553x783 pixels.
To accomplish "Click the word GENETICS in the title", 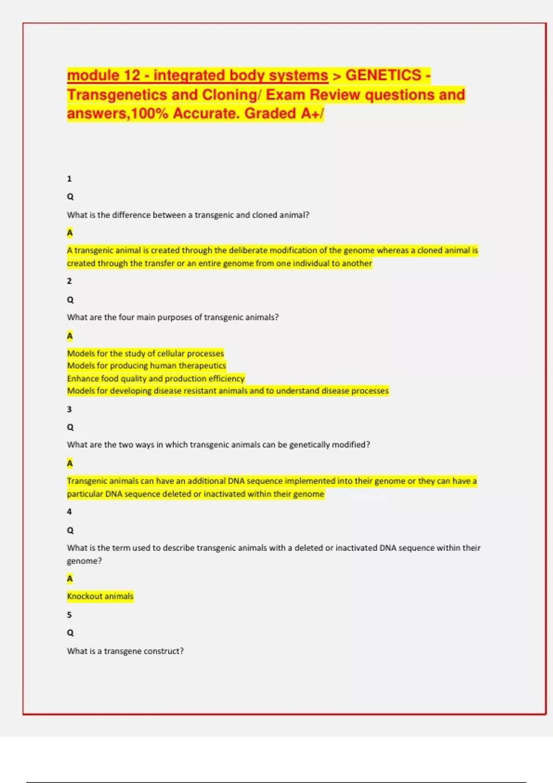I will pyautogui.click(x=383, y=75).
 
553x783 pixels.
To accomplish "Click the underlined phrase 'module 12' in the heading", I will pyautogui.click(x=103, y=75).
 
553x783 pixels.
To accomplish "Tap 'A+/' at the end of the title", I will pyautogui.click(x=312, y=113).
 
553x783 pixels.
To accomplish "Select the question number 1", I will pyautogui.click(x=70, y=179).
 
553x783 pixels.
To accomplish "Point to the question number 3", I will pyautogui.click(x=70, y=409).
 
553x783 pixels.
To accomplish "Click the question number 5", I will pyautogui.click(x=70, y=615).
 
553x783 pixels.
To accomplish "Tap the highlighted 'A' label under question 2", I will pyautogui.click(x=70, y=336).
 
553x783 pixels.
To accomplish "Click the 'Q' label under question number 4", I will pyautogui.click(x=70, y=530).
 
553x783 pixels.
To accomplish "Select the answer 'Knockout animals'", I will pyautogui.click(x=100, y=596).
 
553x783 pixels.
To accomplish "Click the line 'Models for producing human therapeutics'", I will pyautogui.click(x=147, y=366).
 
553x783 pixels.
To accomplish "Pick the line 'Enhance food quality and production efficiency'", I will pyautogui.click(x=156, y=378).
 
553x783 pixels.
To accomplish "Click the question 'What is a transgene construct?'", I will pyautogui.click(x=125, y=651).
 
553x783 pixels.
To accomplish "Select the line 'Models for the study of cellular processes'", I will pyautogui.click(x=146, y=353).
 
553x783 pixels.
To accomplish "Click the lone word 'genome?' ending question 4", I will pyautogui.click(x=84, y=561).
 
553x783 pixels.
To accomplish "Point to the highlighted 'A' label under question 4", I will pyautogui.click(x=70, y=578).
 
